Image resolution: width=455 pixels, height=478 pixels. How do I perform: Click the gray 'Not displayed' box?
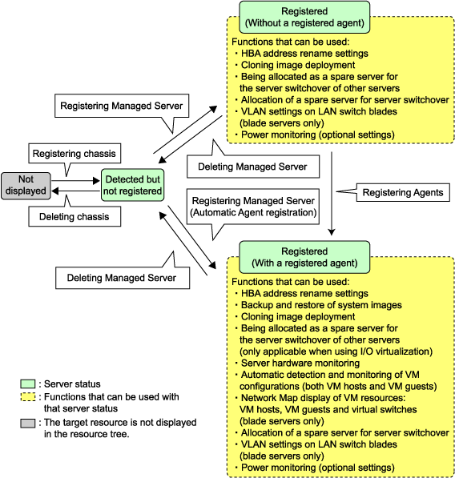tap(26, 186)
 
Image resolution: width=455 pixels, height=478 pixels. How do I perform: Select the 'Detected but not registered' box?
tap(132, 185)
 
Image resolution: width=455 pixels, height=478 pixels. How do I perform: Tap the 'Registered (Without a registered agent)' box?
tap(304, 17)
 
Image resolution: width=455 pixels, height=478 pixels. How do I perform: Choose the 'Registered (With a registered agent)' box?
tap(304, 257)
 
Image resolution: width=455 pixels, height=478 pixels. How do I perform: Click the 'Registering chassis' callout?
tap(74, 154)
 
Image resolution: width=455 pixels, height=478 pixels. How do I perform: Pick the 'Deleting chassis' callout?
tap(74, 216)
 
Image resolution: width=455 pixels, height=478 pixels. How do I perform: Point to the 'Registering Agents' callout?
tap(403, 192)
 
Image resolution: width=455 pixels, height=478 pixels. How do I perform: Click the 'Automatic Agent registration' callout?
tap(253, 207)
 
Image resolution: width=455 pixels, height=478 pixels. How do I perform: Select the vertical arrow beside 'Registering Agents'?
tap(332, 194)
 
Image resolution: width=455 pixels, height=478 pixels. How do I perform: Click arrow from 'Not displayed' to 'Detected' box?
tap(75, 181)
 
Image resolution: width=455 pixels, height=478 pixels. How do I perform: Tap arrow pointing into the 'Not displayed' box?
tap(75, 191)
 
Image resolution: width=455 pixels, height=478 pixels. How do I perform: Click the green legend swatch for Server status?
tap(28, 384)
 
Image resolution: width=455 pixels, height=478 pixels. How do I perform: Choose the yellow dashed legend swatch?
tap(28, 397)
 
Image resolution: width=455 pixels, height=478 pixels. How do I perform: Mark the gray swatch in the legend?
tap(28, 424)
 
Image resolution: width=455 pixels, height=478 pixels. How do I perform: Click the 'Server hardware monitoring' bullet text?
tap(300, 363)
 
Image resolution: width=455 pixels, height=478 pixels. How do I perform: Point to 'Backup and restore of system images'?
tap(321, 305)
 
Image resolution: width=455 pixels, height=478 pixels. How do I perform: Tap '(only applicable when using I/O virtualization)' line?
tap(336, 351)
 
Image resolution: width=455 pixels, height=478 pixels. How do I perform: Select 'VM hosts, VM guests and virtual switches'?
tap(328, 409)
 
